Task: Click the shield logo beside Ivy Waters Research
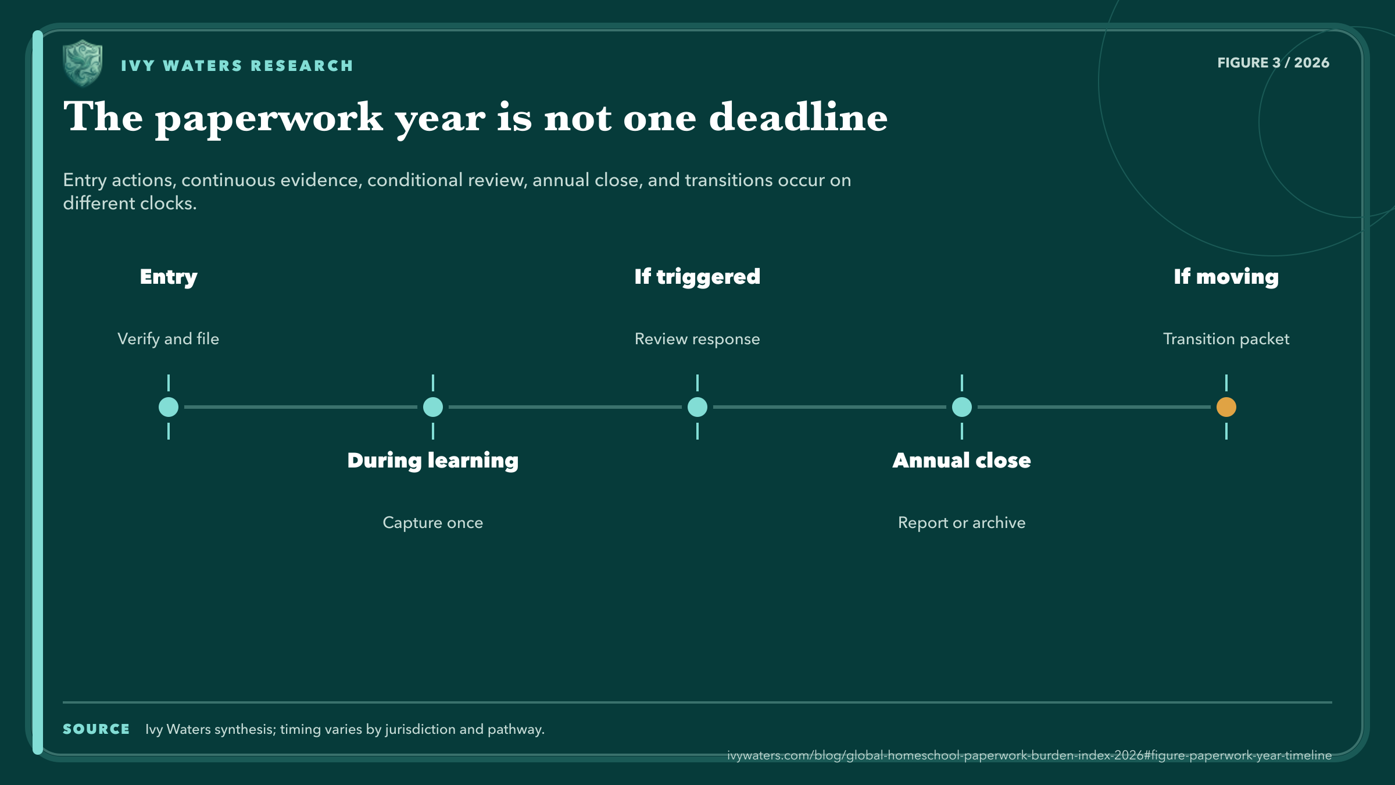(83, 63)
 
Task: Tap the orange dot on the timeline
(1226, 407)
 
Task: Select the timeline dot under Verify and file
(169, 407)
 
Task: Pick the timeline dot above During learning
(433, 407)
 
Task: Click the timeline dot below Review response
(697, 407)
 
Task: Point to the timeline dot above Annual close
(962, 407)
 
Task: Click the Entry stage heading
(169, 277)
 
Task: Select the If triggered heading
(697, 277)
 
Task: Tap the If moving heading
(1226, 277)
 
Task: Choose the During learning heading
(433, 461)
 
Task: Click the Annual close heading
(962, 461)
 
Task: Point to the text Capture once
(433, 523)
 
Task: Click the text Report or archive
(962, 523)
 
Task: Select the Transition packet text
(1226, 339)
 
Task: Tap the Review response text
(697, 339)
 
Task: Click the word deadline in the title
(799, 117)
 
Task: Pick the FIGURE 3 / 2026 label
(1274, 63)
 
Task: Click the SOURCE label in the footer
(96, 729)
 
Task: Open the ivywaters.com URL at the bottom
(1029, 755)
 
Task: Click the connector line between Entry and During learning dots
(301, 407)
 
